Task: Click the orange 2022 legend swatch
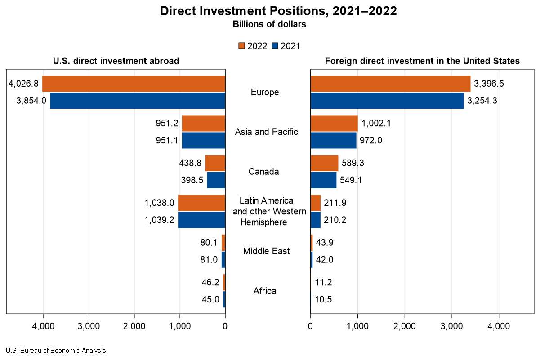click(241, 46)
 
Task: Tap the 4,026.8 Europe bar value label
click(23, 84)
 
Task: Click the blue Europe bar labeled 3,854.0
click(138, 101)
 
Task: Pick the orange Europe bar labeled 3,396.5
click(390, 84)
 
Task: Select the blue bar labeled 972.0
click(333, 140)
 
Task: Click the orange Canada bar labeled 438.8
click(215, 163)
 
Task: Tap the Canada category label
click(264, 172)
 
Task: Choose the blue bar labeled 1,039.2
click(201, 220)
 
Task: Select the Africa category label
click(265, 291)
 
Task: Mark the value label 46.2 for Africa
click(210, 282)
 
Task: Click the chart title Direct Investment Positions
click(278, 11)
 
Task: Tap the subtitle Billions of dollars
click(269, 24)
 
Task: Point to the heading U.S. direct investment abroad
click(116, 61)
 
